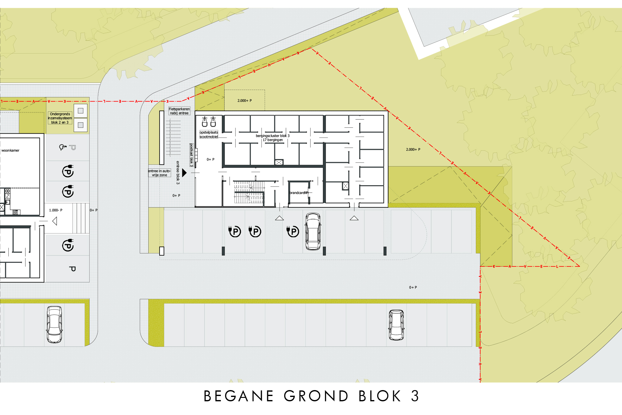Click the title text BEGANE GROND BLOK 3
(x=311, y=396)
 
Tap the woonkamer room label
(x=10, y=150)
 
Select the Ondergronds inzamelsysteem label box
(x=60, y=118)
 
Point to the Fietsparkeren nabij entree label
(x=179, y=111)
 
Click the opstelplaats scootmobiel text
(x=209, y=134)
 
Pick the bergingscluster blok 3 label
(x=273, y=136)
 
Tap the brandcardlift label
(x=299, y=193)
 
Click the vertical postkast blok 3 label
(x=192, y=155)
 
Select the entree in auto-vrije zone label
(x=160, y=173)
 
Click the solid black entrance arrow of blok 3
(x=184, y=172)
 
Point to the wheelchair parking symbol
(x=63, y=147)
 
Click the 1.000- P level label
(x=56, y=210)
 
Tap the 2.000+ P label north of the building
(x=244, y=101)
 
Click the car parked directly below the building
(x=313, y=231)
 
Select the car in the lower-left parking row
(x=54, y=324)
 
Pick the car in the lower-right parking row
(x=396, y=325)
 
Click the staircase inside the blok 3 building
(x=249, y=192)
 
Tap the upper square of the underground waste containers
(x=81, y=111)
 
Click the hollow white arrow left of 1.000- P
(x=55, y=221)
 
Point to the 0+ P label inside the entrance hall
(x=211, y=159)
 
